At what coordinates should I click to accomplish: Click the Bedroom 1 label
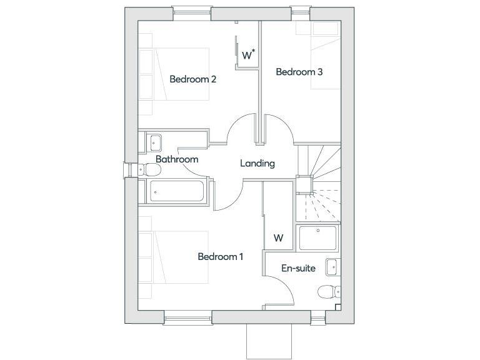click(220, 256)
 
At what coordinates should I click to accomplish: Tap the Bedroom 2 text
click(192, 79)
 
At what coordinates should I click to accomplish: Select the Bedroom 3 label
click(299, 72)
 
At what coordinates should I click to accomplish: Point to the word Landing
click(257, 164)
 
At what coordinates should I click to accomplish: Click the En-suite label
click(298, 269)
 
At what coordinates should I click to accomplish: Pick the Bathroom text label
click(177, 159)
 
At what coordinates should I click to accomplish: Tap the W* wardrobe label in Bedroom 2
click(248, 55)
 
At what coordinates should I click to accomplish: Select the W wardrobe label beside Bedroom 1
click(278, 238)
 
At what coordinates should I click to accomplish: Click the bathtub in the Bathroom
click(175, 191)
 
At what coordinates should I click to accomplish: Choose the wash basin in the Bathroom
click(154, 142)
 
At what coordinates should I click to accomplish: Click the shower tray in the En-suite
click(318, 237)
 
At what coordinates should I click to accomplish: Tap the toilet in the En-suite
click(327, 292)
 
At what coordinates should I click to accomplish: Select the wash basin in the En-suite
click(332, 267)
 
